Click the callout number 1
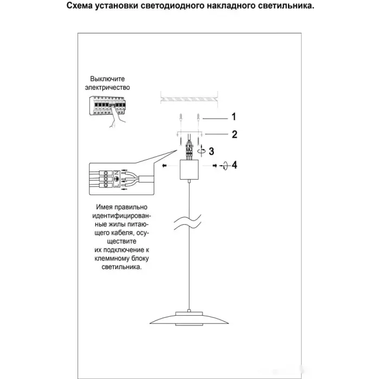pos(233,116)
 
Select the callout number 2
pos(234,135)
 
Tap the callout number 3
pos(212,152)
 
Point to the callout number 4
pos(234,165)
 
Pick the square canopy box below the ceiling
pos(189,172)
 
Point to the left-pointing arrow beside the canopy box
pos(162,166)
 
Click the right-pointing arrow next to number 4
pos(215,166)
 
